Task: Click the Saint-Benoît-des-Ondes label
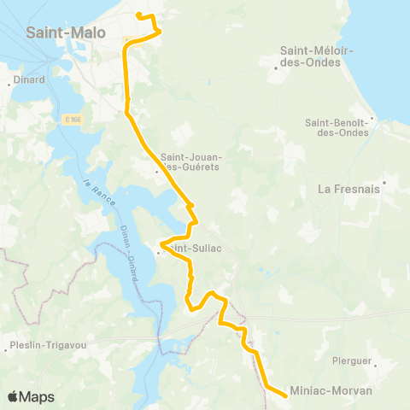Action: pos(337,127)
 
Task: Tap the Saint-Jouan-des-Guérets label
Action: pos(190,161)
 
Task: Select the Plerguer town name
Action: pos(352,360)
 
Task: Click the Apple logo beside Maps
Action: pos(13,396)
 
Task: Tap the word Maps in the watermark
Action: pos(37,396)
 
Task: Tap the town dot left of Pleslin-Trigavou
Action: pos(7,347)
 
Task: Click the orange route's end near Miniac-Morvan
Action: pos(284,394)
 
